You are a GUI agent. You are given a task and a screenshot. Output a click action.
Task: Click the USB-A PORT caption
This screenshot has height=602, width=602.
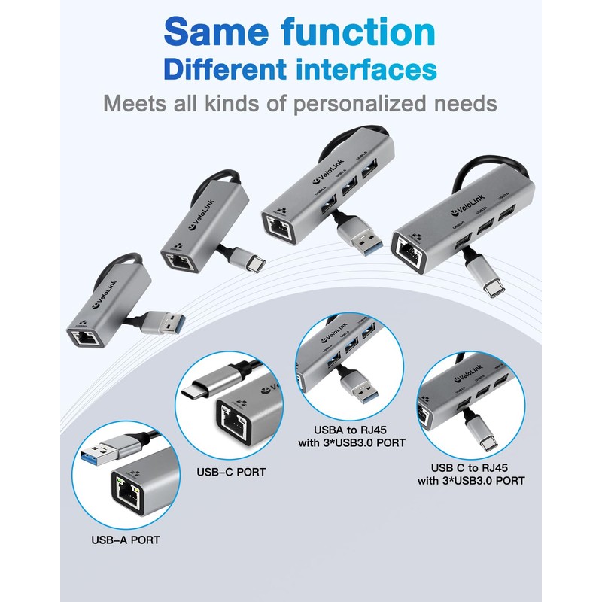pyautogui.click(x=125, y=539)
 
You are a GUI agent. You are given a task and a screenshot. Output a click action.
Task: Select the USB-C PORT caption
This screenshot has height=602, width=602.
pyautogui.click(x=230, y=473)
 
